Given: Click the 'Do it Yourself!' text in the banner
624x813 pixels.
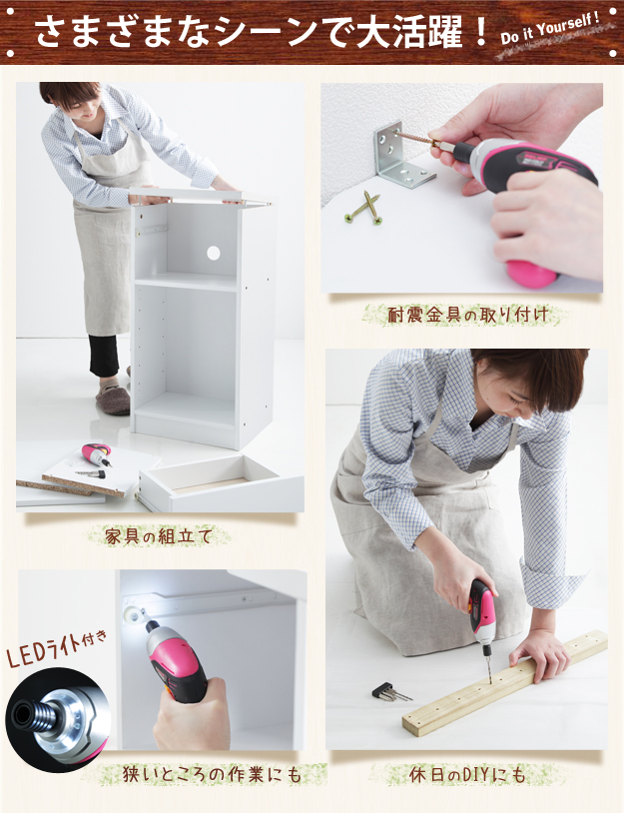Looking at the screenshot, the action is pos(550,29).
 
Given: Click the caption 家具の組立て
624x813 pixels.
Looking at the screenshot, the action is pos(159,535).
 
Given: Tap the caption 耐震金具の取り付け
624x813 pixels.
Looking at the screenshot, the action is pos(467,315).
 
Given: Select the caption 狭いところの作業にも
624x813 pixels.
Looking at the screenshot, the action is pos(212,775).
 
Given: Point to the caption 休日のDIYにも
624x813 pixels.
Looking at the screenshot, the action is pos(467,775).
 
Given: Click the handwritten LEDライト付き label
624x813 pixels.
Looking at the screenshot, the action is pos(57,648).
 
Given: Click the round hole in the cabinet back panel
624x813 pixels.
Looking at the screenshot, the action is pos(213,253).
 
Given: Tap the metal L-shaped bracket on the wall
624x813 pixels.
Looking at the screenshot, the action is pos(401,156).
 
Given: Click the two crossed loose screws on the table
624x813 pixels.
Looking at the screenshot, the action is pos(363,208).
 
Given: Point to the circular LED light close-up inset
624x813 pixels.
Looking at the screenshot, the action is pos(57,719).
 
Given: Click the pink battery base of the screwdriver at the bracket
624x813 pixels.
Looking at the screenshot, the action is pos(531,274).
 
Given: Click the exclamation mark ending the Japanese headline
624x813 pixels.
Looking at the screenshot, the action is pos(480,32).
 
